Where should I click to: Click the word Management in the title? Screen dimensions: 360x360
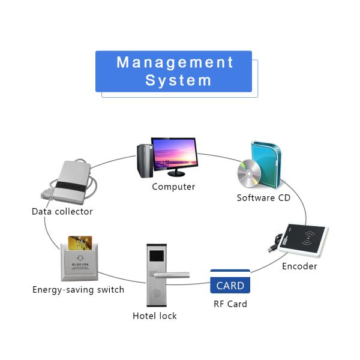175,62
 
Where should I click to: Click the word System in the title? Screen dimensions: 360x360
178,80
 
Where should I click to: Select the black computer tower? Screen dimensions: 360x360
143,160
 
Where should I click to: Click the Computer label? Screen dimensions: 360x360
173,187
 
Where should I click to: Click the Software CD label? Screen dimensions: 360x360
263,198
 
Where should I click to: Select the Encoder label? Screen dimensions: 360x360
299,266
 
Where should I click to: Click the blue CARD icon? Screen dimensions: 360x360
230,285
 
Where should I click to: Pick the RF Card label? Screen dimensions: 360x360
230,304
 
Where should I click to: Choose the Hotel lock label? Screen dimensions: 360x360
155,316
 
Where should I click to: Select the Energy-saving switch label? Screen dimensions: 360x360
79,290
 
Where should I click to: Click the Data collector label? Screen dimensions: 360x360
62,211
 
